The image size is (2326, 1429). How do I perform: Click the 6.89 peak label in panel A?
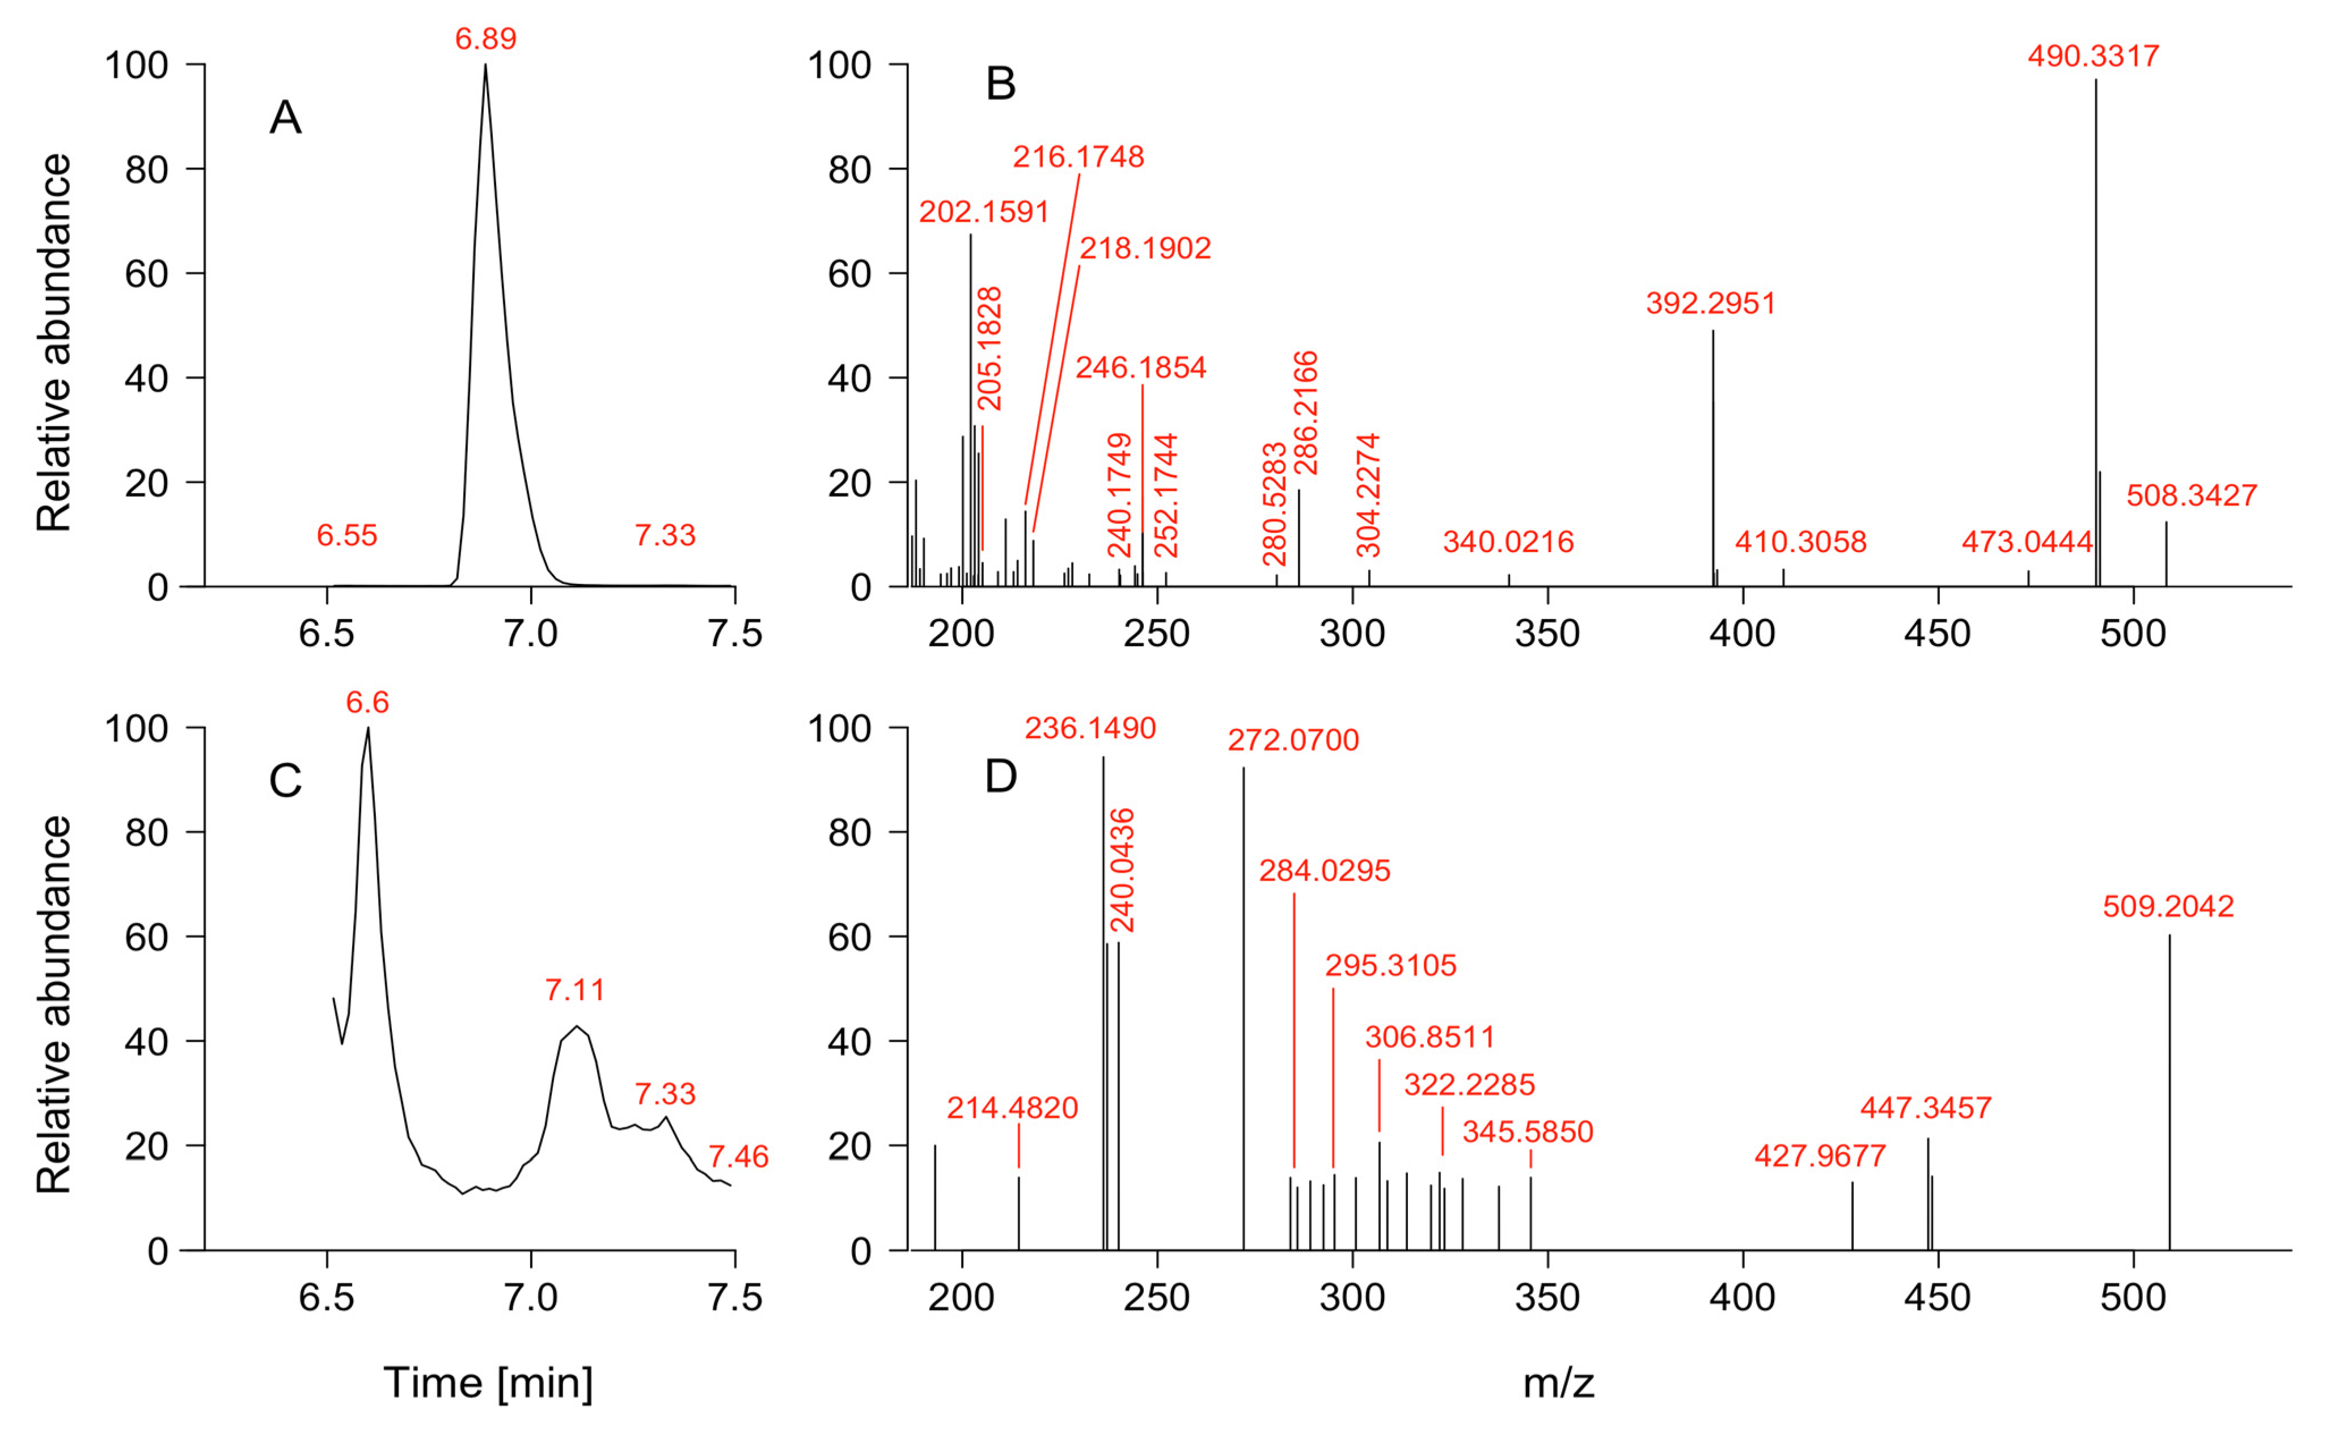coord(486,39)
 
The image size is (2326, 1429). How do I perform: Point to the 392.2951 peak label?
coord(1711,303)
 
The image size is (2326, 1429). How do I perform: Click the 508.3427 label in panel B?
coord(2191,495)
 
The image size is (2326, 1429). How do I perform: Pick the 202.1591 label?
coord(984,211)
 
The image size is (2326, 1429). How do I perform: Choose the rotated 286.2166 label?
coord(1306,413)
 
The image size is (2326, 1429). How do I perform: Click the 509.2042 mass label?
coord(2168,906)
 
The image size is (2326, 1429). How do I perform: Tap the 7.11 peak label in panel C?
coord(574,990)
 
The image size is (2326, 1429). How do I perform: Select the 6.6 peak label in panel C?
coord(367,702)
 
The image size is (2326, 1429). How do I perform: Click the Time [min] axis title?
coord(488,1383)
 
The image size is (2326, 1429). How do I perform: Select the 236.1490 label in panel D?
coord(1090,728)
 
